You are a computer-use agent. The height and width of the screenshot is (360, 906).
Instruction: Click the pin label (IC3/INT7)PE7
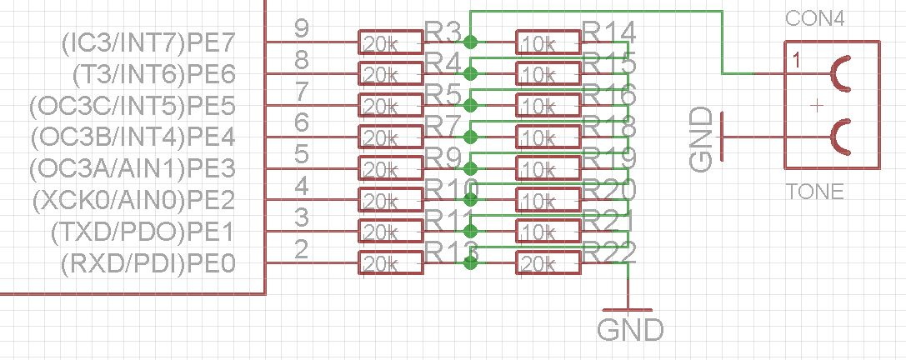(x=148, y=42)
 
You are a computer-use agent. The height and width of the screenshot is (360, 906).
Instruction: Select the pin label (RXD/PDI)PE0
(x=148, y=264)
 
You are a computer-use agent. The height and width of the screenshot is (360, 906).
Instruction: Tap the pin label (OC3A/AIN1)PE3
(x=132, y=169)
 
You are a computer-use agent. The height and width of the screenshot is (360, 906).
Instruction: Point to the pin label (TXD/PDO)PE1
(x=143, y=232)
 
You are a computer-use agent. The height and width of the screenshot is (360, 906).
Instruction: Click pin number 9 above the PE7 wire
(x=303, y=29)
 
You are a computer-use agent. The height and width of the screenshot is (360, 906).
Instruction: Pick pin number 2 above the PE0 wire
(x=303, y=250)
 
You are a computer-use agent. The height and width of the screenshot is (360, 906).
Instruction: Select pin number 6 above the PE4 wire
(x=303, y=123)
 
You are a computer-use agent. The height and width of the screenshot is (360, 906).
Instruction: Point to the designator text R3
(x=443, y=32)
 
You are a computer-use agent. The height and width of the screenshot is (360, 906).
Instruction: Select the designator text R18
(x=610, y=126)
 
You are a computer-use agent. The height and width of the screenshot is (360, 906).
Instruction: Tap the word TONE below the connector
(x=815, y=192)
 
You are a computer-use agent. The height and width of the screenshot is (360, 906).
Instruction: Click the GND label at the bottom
(x=631, y=329)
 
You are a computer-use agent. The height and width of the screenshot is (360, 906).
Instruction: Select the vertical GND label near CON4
(x=703, y=139)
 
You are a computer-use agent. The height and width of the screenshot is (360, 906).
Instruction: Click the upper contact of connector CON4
(x=841, y=73)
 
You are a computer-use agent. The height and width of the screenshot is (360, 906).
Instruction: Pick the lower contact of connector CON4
(x=841, y=137)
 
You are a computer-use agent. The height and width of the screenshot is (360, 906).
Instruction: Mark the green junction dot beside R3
(x=471, y=42)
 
